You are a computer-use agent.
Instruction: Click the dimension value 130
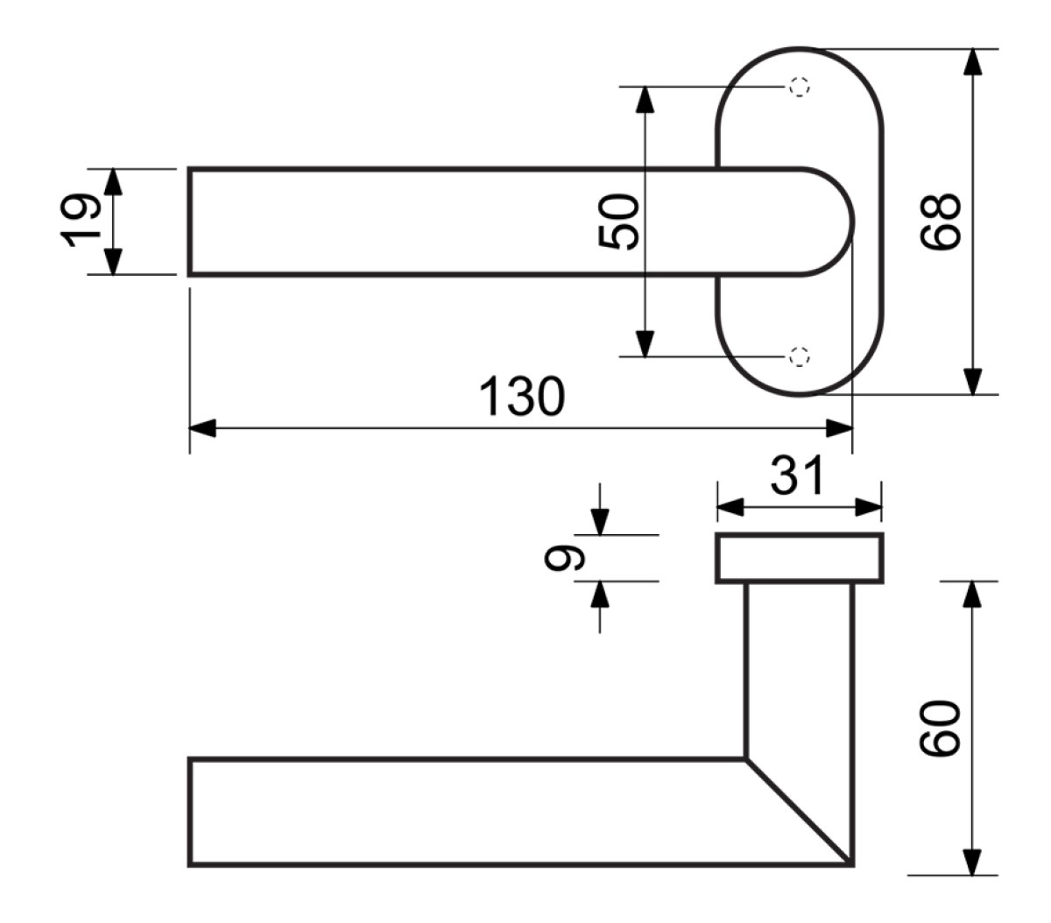(x=521, y=396)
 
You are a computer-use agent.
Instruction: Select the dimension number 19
(x=81, y=221)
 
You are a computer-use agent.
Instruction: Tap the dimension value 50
(x=617, y=222)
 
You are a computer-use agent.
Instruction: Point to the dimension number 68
(x=940, y=222)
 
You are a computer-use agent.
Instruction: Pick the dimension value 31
(x=797, y=476)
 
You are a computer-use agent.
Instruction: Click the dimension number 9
(x=564, y=558)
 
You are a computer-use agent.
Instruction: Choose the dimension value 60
(x=940, y=728)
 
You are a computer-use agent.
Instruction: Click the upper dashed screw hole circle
(x=799, y=87)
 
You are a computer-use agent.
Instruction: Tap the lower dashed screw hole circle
(x=799, y=356)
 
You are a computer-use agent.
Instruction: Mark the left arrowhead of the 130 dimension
(x=202, y=428)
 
